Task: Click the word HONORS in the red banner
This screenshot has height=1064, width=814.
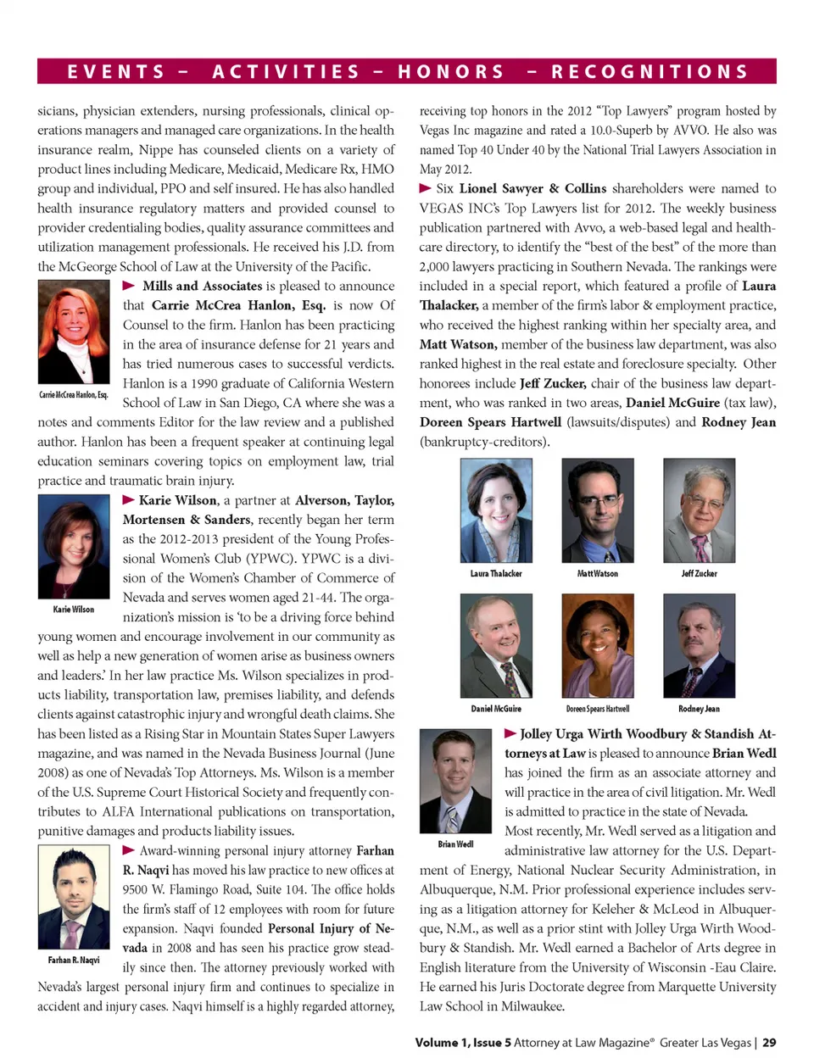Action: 451,72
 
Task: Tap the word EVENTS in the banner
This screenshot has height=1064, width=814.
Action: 116,72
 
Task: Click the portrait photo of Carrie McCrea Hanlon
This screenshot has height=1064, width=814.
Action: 74,331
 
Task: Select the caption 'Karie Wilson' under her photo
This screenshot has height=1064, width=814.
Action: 74,610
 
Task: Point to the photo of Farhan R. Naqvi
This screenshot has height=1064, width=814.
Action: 74,898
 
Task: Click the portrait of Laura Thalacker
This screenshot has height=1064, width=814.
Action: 496,510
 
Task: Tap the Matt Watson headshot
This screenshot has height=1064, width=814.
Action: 598,510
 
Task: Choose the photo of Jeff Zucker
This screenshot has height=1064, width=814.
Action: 700,510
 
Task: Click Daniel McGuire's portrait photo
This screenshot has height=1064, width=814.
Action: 496,645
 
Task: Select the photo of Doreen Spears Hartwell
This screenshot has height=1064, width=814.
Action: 598,645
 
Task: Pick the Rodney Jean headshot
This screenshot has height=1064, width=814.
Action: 700,645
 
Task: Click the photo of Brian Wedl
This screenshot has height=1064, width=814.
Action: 455,781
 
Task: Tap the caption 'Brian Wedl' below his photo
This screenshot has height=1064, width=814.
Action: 455,844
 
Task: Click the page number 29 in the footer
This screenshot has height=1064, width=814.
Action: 769,1043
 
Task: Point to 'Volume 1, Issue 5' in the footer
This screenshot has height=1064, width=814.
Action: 463,1043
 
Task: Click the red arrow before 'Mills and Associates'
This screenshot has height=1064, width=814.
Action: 129,286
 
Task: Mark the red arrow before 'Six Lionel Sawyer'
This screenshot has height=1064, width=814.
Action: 426,188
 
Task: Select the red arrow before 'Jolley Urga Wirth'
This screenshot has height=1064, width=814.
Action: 510,733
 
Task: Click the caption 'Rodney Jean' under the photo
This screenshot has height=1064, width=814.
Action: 700,709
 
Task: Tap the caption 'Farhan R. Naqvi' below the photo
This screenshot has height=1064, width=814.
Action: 74,961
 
